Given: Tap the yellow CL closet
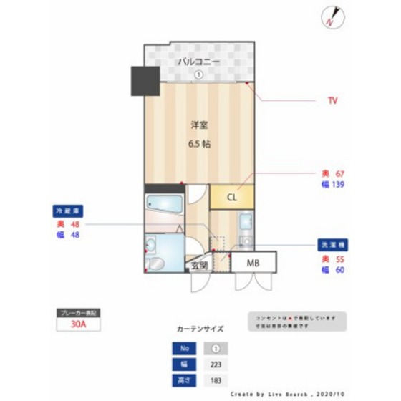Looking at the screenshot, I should pos(231,198).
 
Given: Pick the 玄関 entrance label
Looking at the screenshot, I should pos(199,265).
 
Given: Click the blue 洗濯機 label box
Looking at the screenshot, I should pos(333,246).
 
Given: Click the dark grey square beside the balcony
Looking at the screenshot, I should pos(144,81).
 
